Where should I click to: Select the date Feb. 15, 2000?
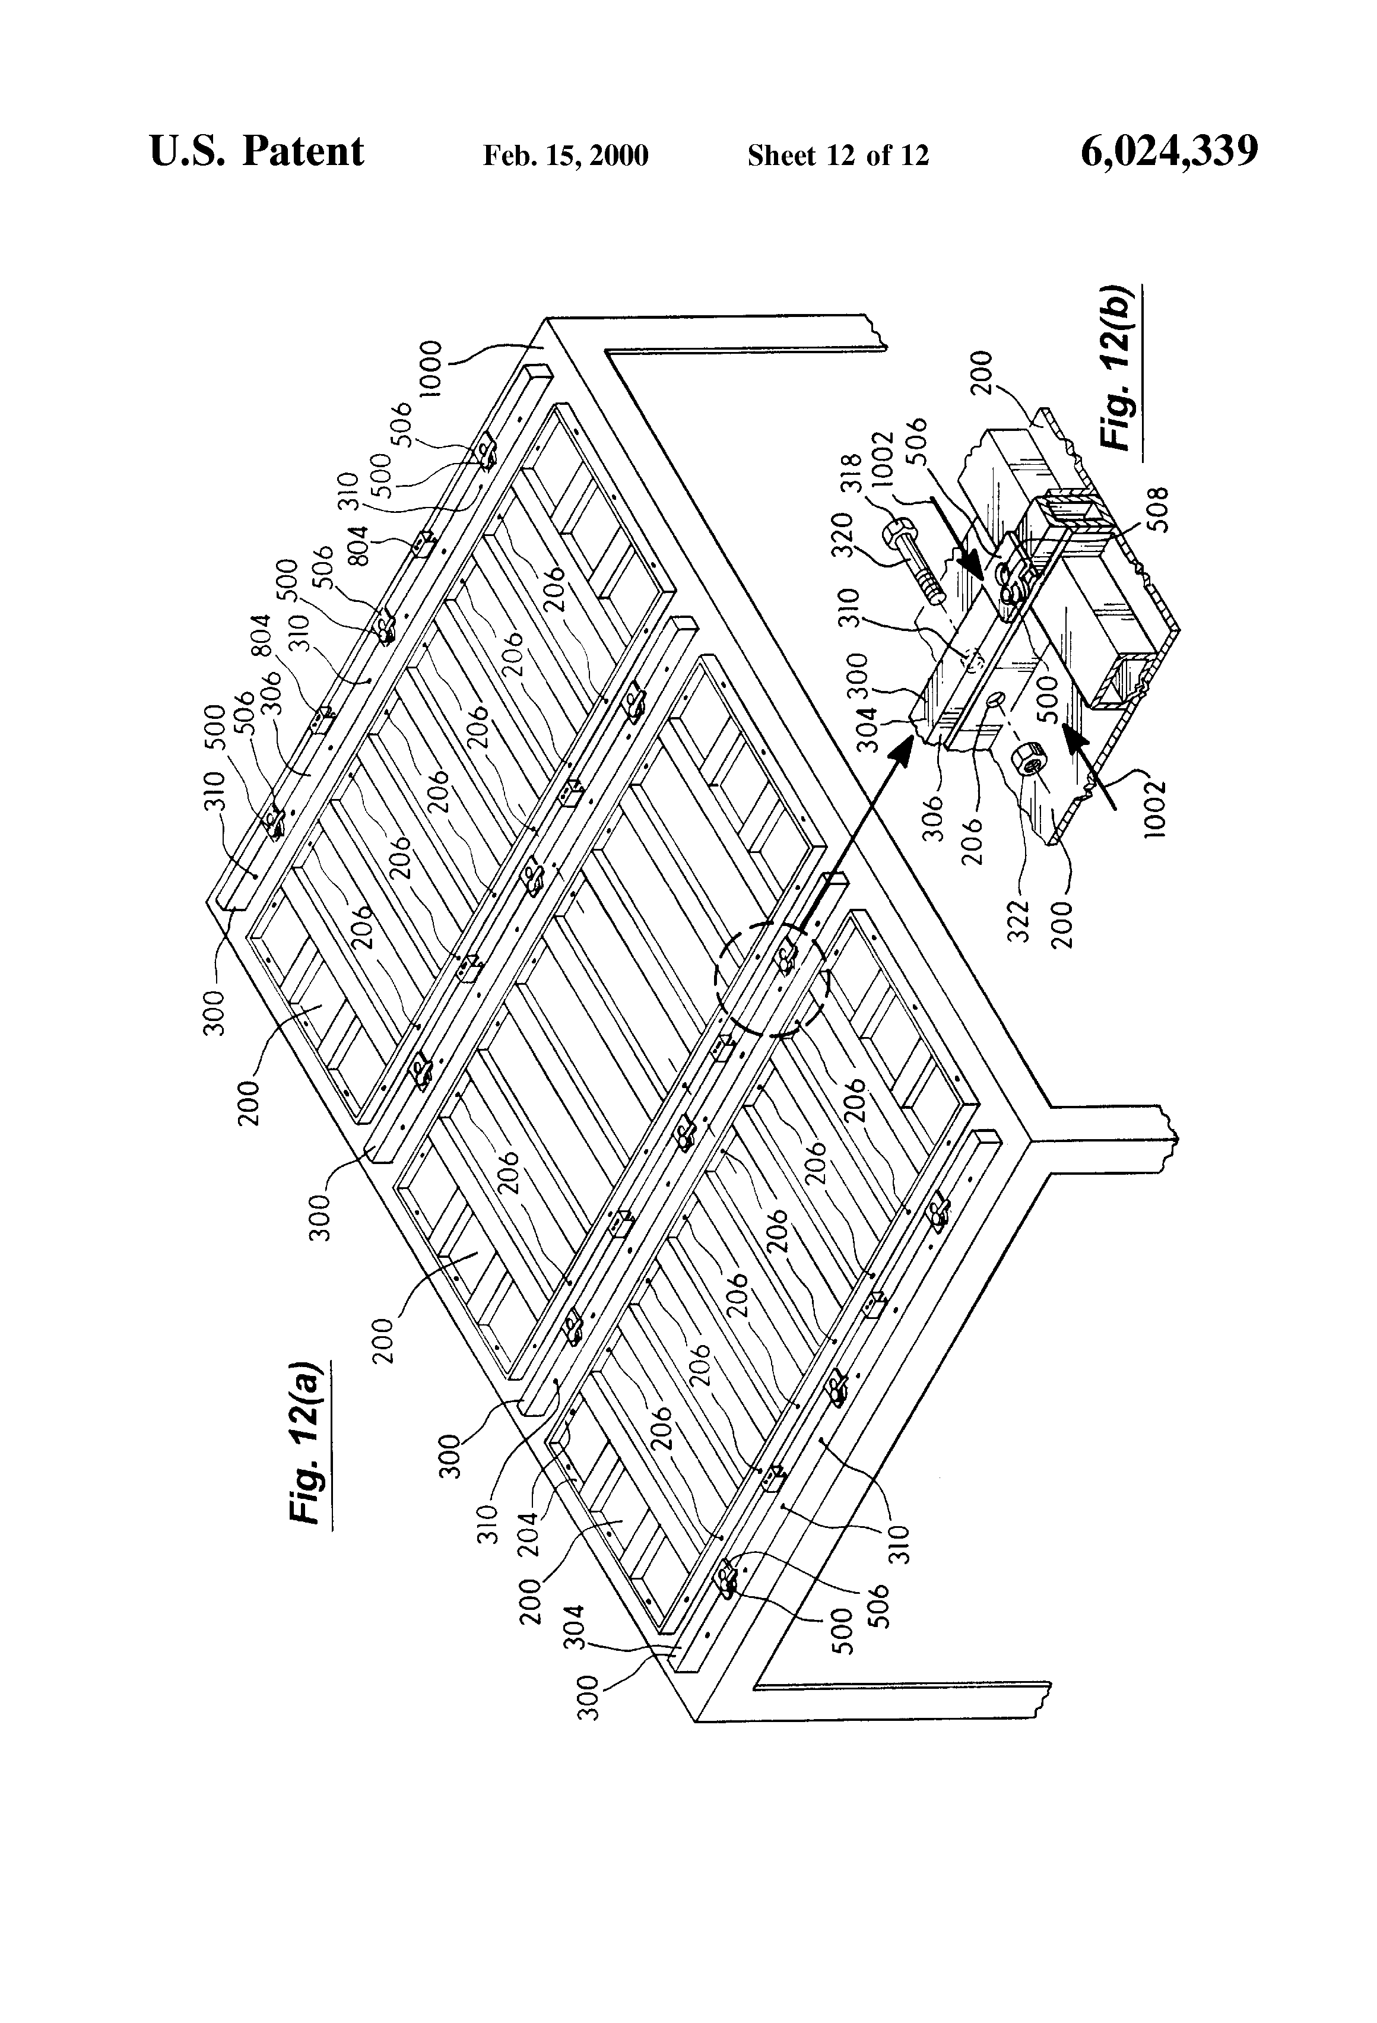(x=566, y=156)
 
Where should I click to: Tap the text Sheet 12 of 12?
(x=837, y=156)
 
